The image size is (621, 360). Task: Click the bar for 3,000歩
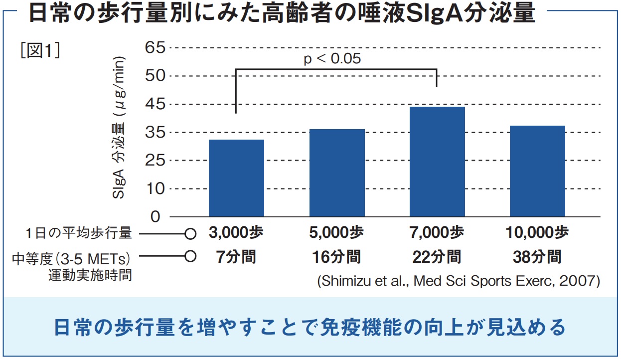tap(236, 178)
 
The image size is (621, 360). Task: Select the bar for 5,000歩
tap(337, 173)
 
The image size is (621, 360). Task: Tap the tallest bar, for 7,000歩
tap(437, 162)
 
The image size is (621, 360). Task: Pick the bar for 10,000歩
tap(537, 171)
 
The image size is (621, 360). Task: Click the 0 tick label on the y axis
tap(156, 217)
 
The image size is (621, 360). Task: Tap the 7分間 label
tap(236, 257)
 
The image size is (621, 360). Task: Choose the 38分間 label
tap(537, 257)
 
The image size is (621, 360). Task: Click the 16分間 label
tap(336, 257)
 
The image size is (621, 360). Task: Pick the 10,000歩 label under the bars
tap(537, 233)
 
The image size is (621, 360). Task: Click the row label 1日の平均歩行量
tap(79, 233)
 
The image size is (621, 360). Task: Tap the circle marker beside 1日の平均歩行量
tap(189, 233)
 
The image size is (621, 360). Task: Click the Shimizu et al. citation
tap(458, 281)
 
